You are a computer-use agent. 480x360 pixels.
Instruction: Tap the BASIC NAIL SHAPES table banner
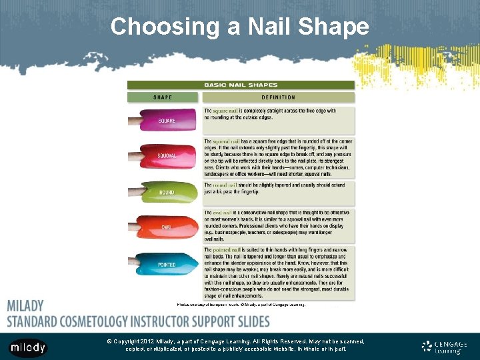pos(241,85)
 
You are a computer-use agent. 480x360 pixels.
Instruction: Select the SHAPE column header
pos(163,97)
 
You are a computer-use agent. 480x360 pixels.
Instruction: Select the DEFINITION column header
pos(279,97)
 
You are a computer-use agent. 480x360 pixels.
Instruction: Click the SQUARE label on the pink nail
pos(167,121)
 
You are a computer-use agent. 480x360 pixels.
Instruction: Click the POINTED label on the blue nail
pos(167,265)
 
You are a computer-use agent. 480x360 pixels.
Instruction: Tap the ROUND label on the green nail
pos(167,193)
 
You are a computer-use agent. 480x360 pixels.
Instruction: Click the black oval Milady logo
pos(28,347)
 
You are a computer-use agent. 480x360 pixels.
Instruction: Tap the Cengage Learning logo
pos(444,347)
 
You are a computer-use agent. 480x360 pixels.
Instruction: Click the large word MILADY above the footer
pos(25,306)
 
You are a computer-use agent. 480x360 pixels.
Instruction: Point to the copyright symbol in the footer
pos(109,341)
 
